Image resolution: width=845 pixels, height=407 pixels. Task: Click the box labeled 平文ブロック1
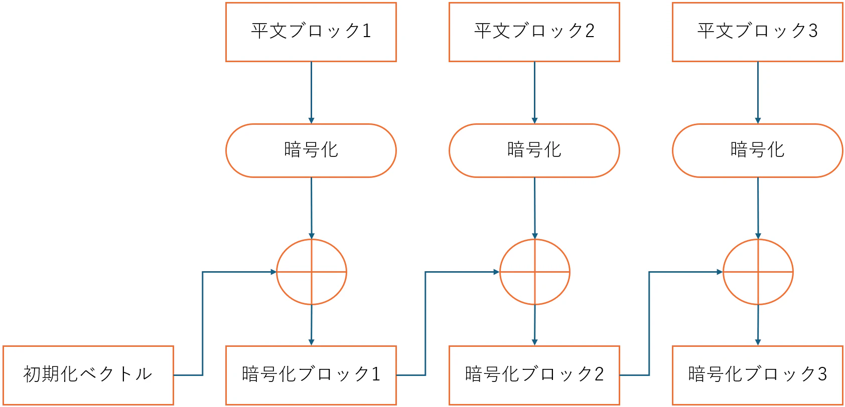(x=311, y=32)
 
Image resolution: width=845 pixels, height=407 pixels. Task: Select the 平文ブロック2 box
(x=534, y=32)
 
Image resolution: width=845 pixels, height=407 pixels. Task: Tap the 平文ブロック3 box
(x=758, y=32)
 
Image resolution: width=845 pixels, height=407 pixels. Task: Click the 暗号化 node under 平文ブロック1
(x=311, y=150)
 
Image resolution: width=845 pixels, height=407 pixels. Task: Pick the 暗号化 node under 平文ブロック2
(x=534, y=150)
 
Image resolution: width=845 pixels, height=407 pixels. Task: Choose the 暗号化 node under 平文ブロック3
(x=758, y=150)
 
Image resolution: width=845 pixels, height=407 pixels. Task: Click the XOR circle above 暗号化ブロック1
(x=312, y=272)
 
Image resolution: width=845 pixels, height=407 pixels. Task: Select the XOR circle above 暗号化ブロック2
(x=535, y=272)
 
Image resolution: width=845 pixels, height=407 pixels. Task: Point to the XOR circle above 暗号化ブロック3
(x=758, y=272)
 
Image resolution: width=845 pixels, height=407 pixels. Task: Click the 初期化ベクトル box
(x=88, y=375)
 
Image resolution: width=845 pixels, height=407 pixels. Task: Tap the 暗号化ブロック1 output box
(x=311, y=375)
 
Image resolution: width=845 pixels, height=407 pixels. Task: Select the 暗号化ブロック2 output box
(x=534, y=375)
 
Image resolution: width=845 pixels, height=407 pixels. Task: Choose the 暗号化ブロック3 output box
(x=758, y=375)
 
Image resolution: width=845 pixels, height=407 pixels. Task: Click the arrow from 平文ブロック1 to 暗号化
(x=311, y=92)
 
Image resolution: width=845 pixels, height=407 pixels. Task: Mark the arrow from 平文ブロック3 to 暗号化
(x=758, y=92)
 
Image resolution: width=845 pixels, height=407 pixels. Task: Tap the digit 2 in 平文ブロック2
(x=591, y=31)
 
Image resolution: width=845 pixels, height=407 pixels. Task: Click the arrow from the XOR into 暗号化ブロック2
(x=534, y=325)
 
